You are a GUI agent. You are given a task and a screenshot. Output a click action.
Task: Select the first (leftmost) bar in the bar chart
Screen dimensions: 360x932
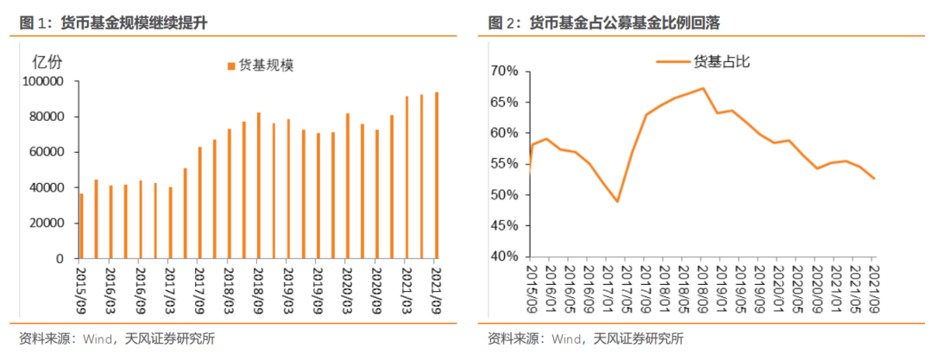point(81,226)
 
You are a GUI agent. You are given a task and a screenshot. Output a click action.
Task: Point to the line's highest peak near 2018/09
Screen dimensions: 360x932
point(702,88)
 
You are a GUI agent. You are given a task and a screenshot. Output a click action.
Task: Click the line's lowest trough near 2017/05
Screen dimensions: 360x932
point(618,201)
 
